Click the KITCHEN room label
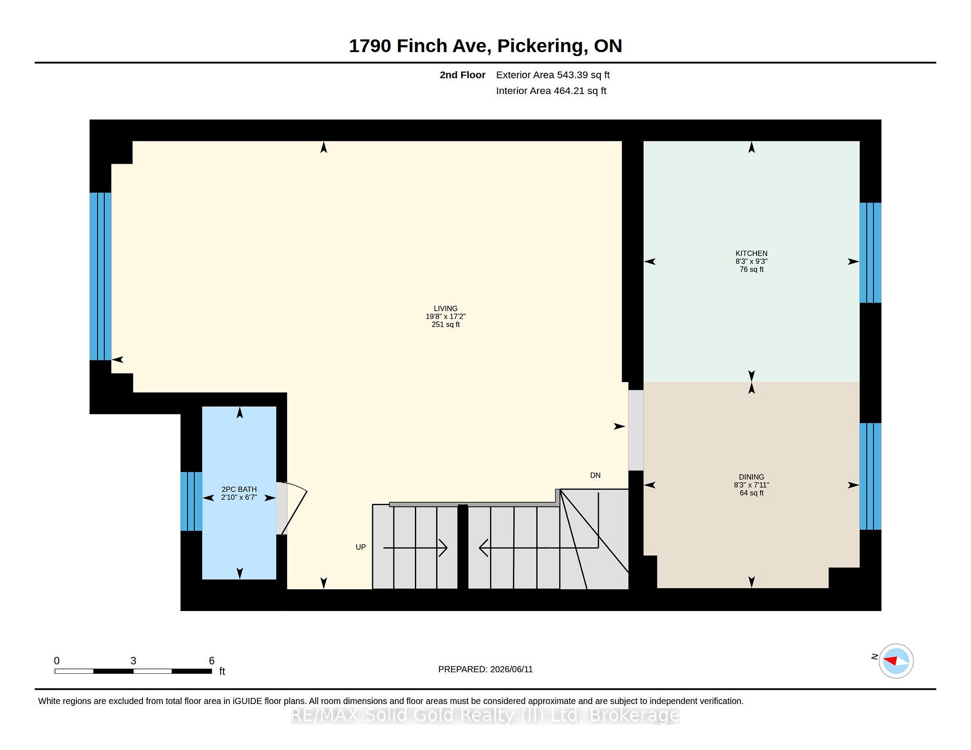coord(751,253)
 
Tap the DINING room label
coord(751,477)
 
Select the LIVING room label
coord(445,308)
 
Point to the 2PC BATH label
coord(239,489)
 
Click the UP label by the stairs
coord(361,547)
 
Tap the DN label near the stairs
coord(595,475)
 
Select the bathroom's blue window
coord(191,501)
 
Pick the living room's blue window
coord(100,276)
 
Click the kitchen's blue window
coord(870,253)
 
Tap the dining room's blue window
coord(870,476)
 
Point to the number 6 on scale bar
coord(212,661)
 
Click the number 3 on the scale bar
coord(134,661)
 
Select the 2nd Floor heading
coord(462,75)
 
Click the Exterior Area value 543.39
coord(572,75)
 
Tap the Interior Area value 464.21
coord(569,91)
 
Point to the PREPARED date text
coord(485,669)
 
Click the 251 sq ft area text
coord(446,324)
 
